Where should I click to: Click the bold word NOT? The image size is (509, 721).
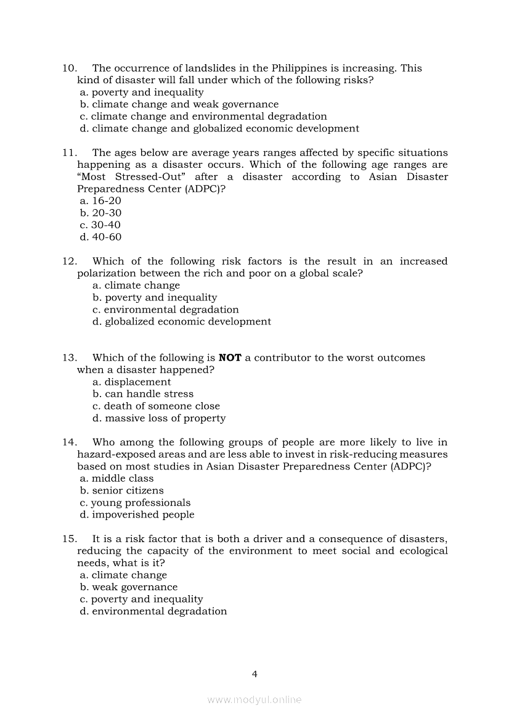pos(230,358)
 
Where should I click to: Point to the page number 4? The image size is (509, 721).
pos(254,674)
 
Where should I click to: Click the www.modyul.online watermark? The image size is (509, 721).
pos(254,700)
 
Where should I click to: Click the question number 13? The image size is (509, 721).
pos(69,358)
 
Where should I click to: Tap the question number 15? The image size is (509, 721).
pos(69,539)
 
